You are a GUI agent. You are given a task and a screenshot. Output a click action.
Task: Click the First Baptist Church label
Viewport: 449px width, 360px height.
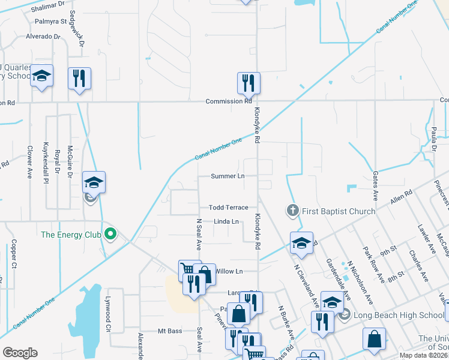[x=338, y=211]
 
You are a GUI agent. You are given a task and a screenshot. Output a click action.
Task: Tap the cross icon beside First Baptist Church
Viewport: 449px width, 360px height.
[x=292, y=211]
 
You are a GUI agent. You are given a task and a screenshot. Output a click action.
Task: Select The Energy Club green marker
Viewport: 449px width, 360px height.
[x=110, y=233]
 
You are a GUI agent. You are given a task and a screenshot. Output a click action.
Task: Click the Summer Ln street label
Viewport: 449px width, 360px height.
[x=228, y=176]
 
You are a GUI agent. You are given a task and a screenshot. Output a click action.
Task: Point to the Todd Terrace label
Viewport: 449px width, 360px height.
[x=228, y=208]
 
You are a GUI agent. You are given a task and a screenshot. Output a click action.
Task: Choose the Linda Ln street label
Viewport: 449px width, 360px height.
[x=226, y=222]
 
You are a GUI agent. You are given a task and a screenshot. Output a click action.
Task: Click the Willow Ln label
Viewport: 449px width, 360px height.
[x=228, y=271]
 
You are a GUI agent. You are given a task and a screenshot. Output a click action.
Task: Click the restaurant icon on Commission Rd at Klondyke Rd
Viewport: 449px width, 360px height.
[x=249, y=82]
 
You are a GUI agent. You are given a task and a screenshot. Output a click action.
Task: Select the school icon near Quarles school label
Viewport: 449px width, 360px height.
[x=41, y=76]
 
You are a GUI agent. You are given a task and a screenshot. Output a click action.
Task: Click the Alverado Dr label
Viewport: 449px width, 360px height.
[x=43, y=37]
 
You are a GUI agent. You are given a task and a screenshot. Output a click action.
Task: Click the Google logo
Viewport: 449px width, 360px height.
[x=20, y=353]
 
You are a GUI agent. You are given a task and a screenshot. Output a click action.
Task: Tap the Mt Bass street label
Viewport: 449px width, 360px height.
[x=169, y=331]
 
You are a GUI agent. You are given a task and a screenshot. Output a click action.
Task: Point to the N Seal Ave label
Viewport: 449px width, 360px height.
[x=199, y=235]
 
